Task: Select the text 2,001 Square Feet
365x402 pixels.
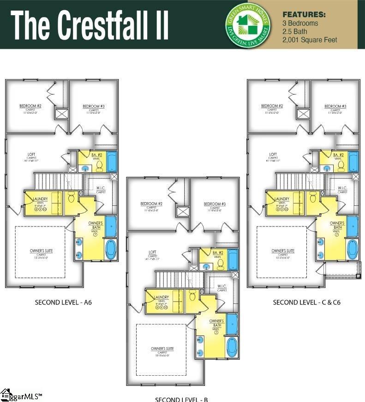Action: point(310,40)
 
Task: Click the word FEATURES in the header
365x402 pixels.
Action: point(304,14)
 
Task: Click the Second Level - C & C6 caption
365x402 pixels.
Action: point(306,303)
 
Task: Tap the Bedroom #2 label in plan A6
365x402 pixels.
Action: point(30,106)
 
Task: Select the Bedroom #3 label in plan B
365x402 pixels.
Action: point(215,204)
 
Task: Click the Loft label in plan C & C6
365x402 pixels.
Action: point(273,154)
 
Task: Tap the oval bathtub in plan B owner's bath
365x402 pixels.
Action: point(232,347)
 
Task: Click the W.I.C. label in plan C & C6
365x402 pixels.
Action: point(342,188)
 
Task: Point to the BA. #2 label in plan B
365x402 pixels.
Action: point(218,252)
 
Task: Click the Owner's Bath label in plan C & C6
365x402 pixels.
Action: point(337,225)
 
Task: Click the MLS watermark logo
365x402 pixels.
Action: point(21,396)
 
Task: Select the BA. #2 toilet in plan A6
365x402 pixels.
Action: point(99,165)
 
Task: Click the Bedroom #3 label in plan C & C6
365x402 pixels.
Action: point(335,106)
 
